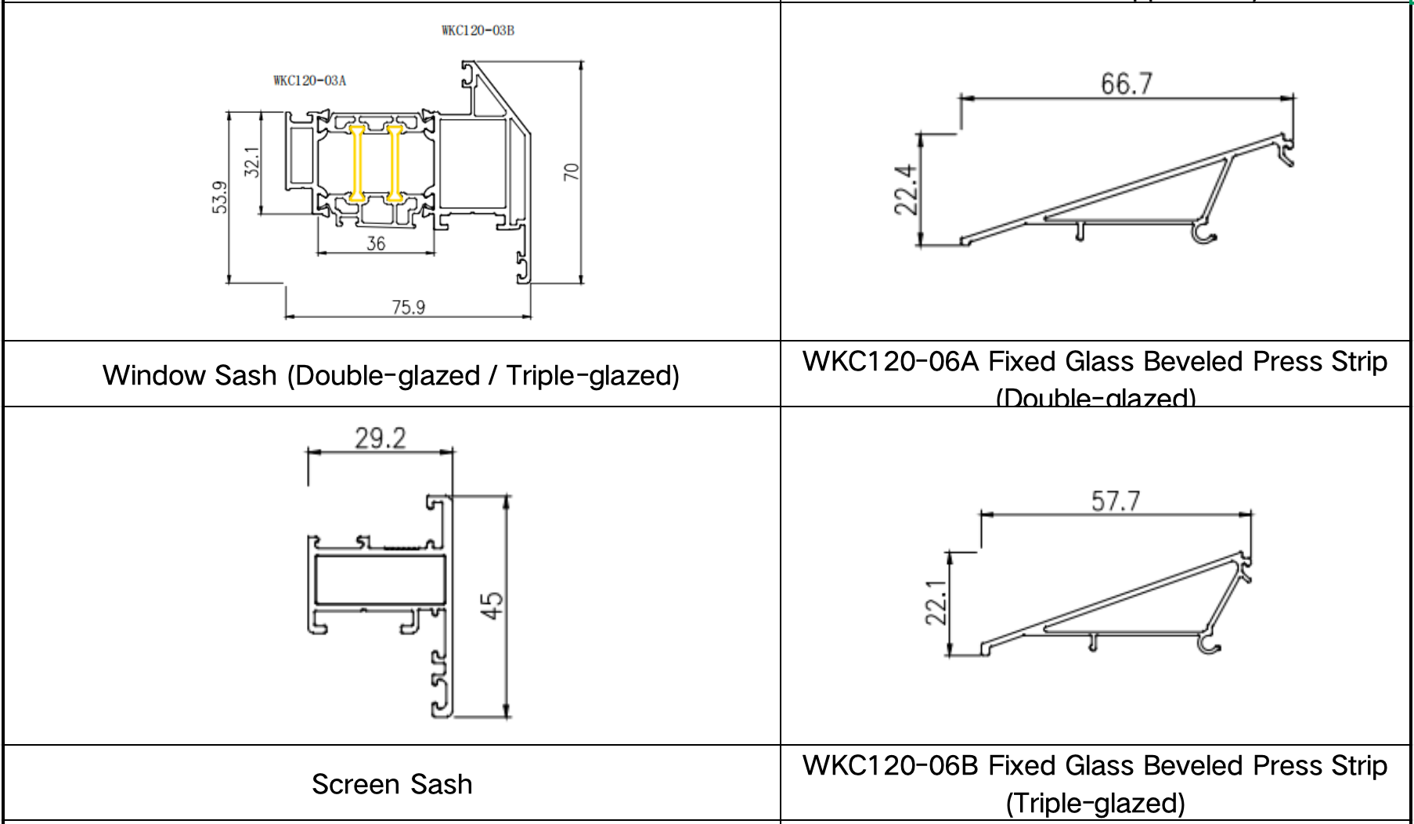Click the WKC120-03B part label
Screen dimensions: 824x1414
pos(478,31)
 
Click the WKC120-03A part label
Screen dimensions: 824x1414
pos(309,81)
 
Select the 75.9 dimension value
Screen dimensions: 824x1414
pos(409,307)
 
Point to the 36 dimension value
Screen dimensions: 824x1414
pos(376,244)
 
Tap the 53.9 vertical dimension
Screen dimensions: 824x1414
pos(220,197)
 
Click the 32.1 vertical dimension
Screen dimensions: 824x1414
pos(251,162)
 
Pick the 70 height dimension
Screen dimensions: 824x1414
pos(572,172)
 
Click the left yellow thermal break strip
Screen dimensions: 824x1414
pos(357,163)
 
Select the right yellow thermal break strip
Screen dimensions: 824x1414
pos(395,163)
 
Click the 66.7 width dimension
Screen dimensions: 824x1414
pos(1127,84)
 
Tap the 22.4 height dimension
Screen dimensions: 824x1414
pos(905,190)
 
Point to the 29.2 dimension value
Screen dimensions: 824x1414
pos(381,438)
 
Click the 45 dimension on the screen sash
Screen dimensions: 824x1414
pos(492,605)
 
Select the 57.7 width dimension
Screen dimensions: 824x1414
pos(1116,501)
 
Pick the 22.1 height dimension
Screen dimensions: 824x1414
pos(936,603)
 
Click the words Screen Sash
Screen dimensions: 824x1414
pos(392,784)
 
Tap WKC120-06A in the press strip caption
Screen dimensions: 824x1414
pos(891,361)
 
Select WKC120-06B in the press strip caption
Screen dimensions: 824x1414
pos(891,765)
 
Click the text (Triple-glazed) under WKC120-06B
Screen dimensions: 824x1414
pos(1095,803)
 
